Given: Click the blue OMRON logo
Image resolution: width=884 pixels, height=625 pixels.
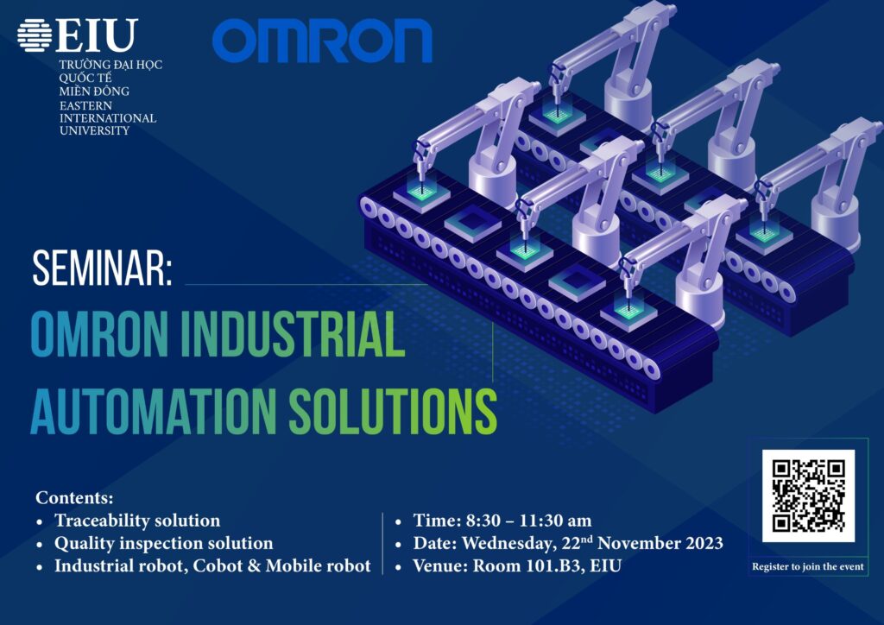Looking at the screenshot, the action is (322, 41).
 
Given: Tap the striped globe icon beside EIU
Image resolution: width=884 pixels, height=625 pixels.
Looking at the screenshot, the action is (35, 35).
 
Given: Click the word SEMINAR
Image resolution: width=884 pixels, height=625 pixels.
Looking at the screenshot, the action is (102, 268).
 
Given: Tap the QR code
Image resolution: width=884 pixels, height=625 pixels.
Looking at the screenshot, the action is (808, 496).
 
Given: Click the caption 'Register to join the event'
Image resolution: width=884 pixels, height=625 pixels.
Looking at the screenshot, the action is (808, 566).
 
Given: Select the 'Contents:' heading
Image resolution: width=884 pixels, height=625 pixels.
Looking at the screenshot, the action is (74, 497).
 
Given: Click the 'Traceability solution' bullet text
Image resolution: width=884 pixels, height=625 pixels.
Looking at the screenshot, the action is (137, 521).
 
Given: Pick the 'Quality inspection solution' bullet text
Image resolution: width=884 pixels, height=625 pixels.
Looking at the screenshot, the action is (163, 543).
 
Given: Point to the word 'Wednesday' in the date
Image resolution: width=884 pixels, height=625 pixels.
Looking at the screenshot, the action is (508, 543).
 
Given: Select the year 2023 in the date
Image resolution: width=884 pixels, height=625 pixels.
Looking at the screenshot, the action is (704, 543).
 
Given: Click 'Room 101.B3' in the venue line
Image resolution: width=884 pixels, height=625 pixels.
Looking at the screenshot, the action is (527, 565).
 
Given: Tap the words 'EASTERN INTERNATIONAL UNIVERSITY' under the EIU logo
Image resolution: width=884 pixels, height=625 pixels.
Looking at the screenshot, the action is (108, 118).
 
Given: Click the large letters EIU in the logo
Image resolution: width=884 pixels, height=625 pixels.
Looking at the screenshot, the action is (97, 35).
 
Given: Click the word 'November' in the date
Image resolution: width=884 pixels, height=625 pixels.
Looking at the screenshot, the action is (639, 543).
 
